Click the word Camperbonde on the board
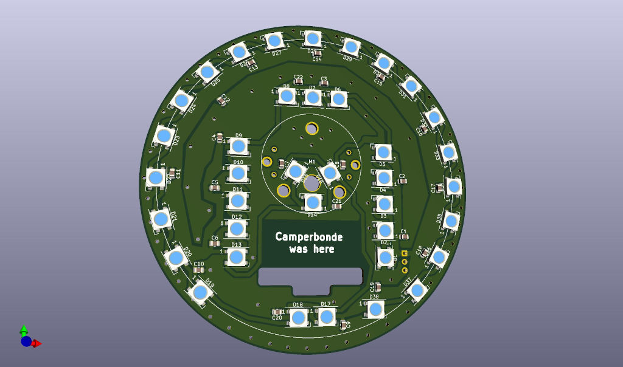pyautogui.click(x=309, y=236)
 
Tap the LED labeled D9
pyautogui.click(x=238, y=146)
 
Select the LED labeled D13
pyautogui.click(x=236, y=256)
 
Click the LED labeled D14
pyautogui.click(x=312, y=202)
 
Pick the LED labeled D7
pyautogui.click(x=313, y=97)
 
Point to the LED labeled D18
pyautogui.click(x=298, y=317)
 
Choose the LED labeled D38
pyautogui.click(x=375, y=309)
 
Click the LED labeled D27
pyautogui.click(x=274, y=41)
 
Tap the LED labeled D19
pyautogui.click(x=200, y=292)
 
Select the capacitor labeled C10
pyautogui.click(x=198, y=270)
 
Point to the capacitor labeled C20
pyautogui.click(x=277, y=312)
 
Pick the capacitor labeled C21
pyautogui.click(x=337, y=207)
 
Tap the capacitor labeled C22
pyautogui.click(x=298, y=83)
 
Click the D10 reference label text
pyautogui.click(x=238, y=162)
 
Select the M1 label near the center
pyautogui.click(x=312, y=162)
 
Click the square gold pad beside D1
pyautogui.click(x=405, y=253)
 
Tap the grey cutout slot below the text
pyautogui.click(x=313, y=277)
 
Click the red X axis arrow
pyautogui.click(x=37, y=343)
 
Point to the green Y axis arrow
pyautogui.click(x=24, y=330)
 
